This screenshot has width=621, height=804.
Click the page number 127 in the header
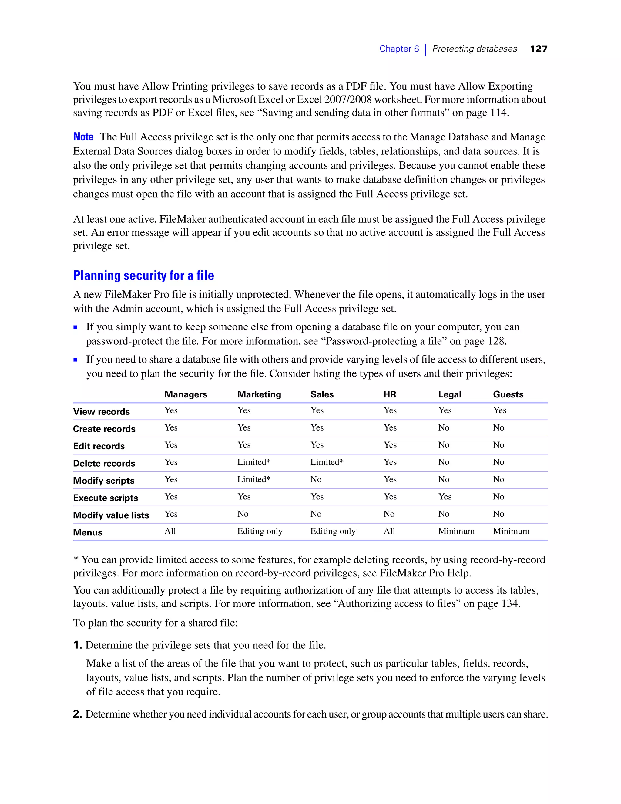(x=539, y=49)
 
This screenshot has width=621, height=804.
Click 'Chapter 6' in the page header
(x=399, y=49)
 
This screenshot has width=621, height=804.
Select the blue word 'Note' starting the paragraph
(x=83, y=137)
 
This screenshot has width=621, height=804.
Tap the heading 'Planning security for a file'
(x=143, y=275)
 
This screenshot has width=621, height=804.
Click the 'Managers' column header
(x=185, y=394)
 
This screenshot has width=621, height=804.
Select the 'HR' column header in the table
(x=390, y=394)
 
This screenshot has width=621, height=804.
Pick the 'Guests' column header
(x=508, y=394)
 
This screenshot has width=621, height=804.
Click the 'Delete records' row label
(x=104, y=464)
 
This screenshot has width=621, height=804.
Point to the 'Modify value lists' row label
(x=111, y=515)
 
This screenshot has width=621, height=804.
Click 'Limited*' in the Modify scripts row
(x=254, y=479)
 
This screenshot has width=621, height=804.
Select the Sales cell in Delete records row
(x=327, y=462)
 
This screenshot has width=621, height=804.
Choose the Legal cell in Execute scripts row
(x=445, y=497)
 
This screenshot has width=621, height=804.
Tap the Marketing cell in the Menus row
(x=260, y=531)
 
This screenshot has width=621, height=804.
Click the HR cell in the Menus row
(x=389, y=531)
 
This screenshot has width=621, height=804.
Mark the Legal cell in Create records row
(x=444, y=428)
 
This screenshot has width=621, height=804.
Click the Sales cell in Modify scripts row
(x=316, y=479)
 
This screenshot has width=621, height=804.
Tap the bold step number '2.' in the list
(x=77, y=714)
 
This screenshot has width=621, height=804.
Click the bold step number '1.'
(x=77, y=645)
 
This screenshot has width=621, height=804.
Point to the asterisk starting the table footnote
(x=76, y=559)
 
